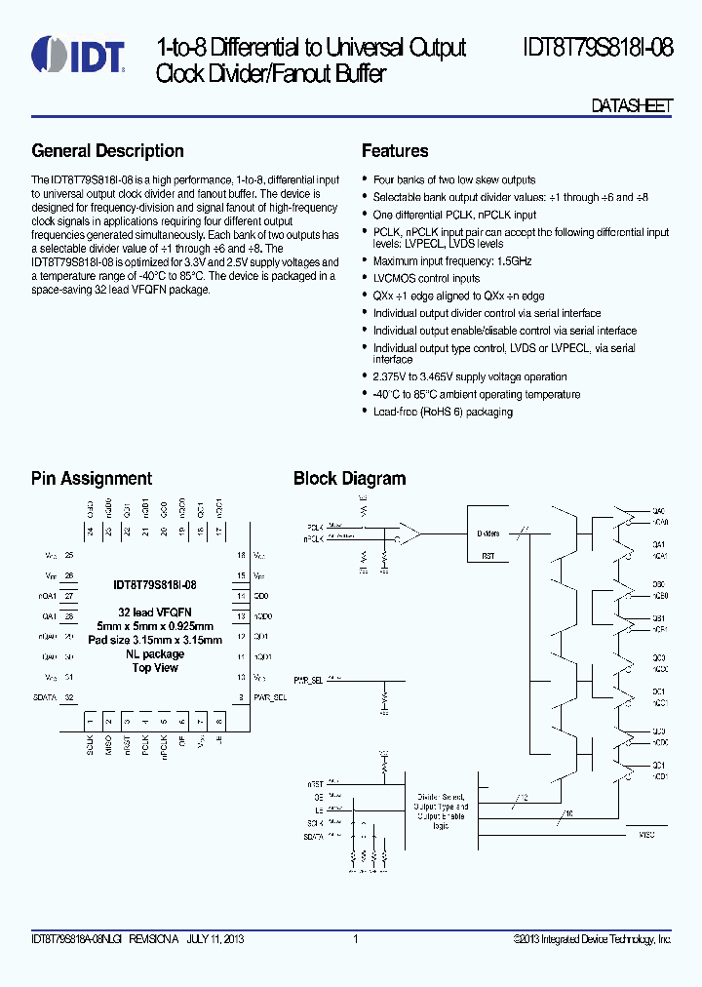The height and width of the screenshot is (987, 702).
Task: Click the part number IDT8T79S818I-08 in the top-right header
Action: (x=597, y=48)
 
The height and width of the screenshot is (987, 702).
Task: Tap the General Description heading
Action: (x=107, y=151)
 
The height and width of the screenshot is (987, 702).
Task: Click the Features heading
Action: (x=395, y=151)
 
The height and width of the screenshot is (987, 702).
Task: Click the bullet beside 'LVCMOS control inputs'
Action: (x=365, y=279)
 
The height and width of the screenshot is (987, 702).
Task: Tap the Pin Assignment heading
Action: (x=92, y=479)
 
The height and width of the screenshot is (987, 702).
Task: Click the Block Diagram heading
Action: (x=349, y=479)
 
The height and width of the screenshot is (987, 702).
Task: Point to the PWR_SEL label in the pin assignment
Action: (x=270, y=698)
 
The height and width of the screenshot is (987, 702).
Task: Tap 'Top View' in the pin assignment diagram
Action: (x=155, y=668)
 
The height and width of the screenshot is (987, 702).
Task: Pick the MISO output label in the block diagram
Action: (x=646, y=835)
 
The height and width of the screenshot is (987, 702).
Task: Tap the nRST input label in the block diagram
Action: (x=315, y=783)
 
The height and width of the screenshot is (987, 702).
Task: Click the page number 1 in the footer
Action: (x=356, y=939)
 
